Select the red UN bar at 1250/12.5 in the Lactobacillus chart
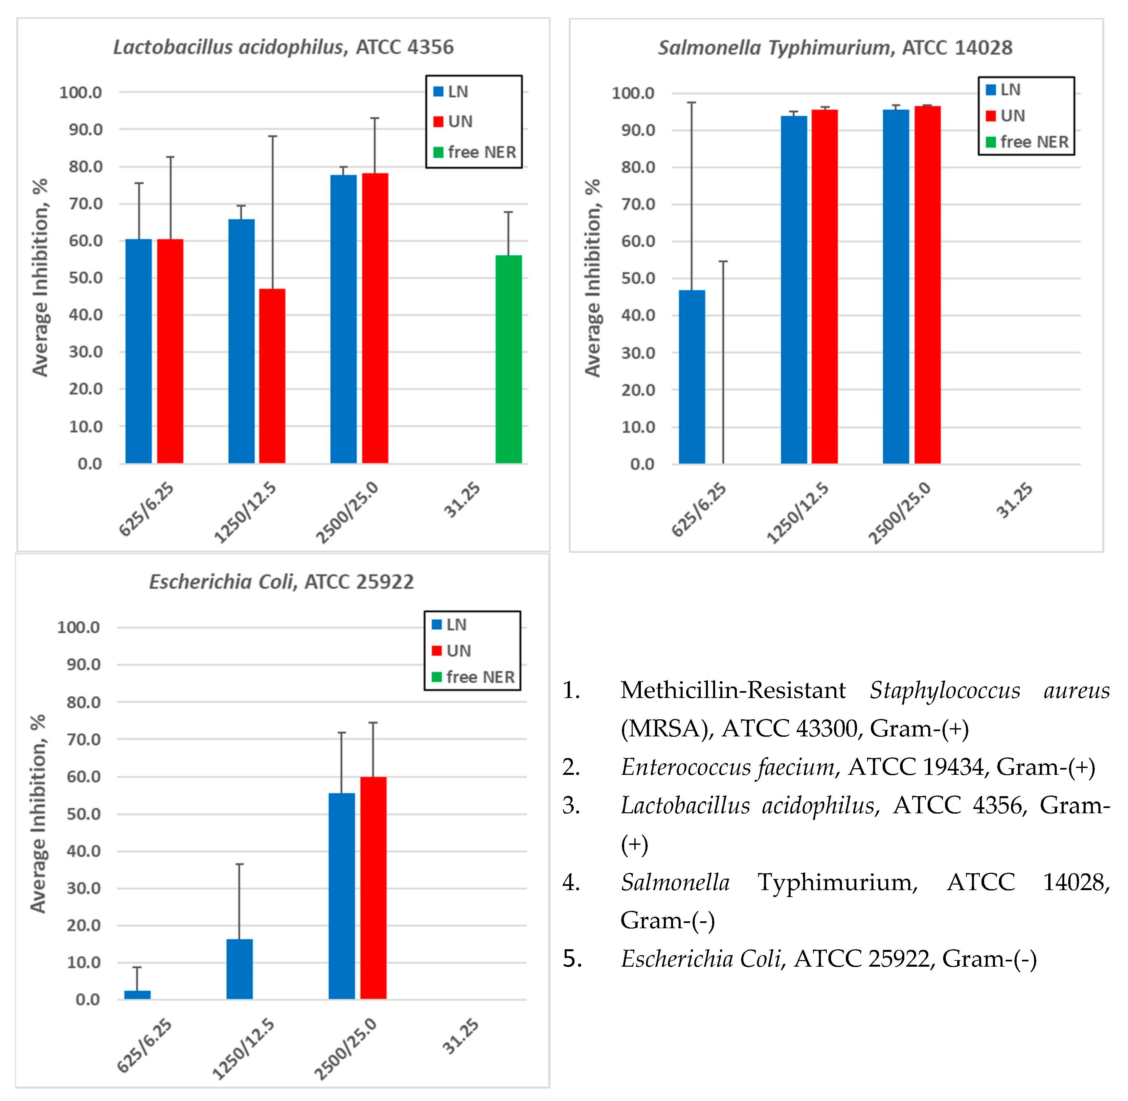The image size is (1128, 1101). (x=272, y=376)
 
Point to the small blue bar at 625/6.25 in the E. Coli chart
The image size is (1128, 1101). (x=138, y=995)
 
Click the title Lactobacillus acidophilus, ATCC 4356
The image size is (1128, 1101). (x=283, y=47)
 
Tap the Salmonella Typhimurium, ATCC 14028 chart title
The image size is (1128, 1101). (x=835, y=47)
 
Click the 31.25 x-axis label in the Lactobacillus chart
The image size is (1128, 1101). (x=462, y=500)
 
